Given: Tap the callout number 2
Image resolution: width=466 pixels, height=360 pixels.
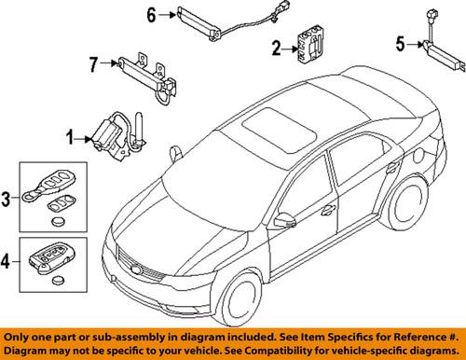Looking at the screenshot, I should [276, 48].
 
